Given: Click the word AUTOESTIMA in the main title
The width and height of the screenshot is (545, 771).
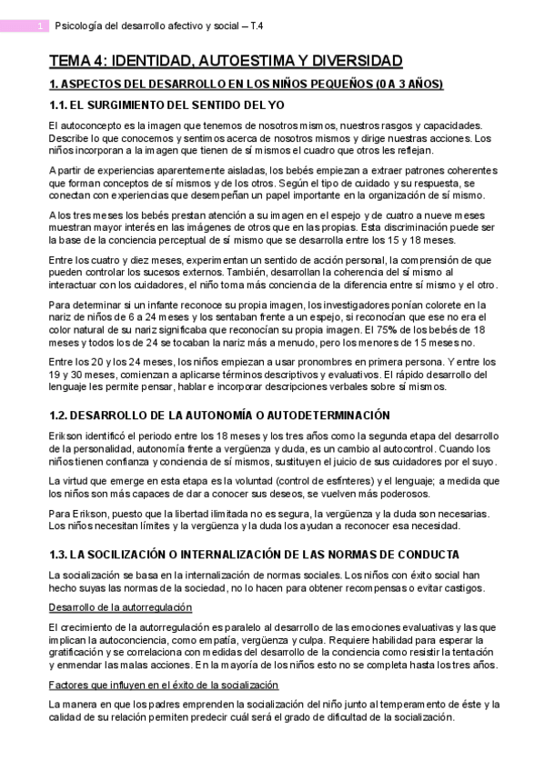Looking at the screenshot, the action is tap(243, 62).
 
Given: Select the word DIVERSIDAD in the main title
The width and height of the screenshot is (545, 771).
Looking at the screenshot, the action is tap(354, 62).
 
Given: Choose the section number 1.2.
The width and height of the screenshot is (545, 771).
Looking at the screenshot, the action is tap(58, 416).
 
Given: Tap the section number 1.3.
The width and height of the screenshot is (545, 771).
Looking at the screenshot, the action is tap(58, 555).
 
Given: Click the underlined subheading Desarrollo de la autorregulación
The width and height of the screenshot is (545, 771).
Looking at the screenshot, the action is tap(120, 606).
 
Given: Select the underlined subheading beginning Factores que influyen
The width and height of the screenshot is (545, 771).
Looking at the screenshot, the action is tap(163, 685).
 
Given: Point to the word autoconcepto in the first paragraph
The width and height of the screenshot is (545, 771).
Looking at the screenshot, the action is tap(91, 125).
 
